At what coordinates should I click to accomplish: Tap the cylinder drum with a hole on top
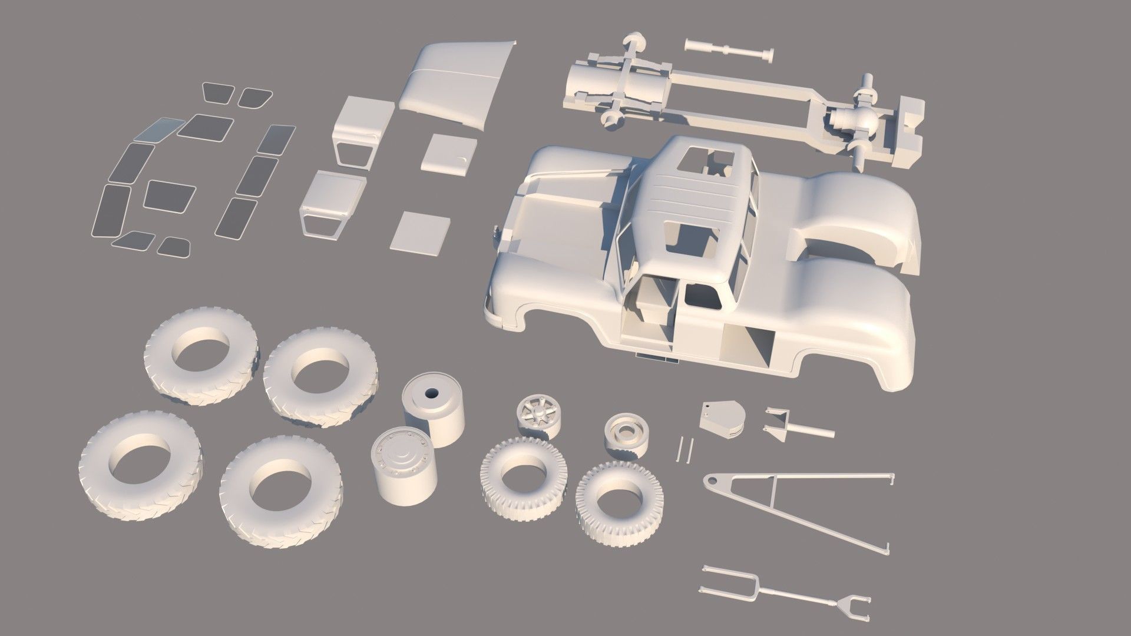coord(434,412)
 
